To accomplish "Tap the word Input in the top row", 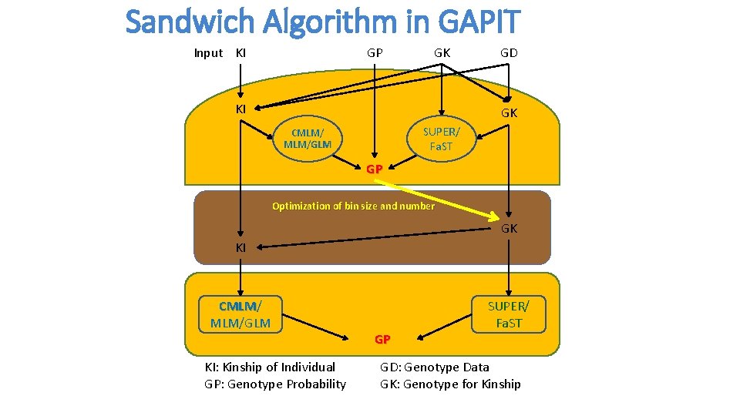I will coord(208,53).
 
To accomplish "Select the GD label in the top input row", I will coord(509,53).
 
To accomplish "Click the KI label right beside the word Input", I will coord(241,53).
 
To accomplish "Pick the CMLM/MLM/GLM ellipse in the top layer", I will coord(308,139).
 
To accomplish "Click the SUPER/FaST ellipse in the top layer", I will coord(441,139).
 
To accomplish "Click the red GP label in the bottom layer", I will coord(382,339).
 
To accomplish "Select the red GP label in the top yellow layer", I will coord(375,169).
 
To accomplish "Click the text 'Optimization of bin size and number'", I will coord(353,206).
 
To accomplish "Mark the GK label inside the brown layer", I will coord(510,229).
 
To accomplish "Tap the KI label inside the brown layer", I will coord(241,248).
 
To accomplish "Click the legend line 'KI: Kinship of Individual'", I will coord(270,367).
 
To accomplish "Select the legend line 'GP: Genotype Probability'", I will coord(275,384).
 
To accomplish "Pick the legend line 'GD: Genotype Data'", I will coord(434,367).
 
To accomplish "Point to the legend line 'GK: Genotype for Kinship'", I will coord(450,384).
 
